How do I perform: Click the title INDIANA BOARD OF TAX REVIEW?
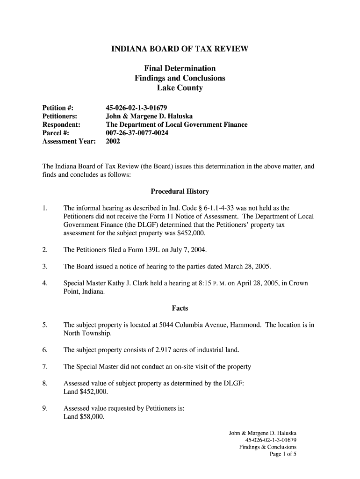180,49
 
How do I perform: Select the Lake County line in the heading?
180,87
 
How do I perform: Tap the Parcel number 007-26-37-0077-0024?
137,133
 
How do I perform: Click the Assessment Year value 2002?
113,141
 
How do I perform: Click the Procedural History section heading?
180,191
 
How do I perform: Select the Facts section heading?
180,308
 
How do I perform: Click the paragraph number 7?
44,367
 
